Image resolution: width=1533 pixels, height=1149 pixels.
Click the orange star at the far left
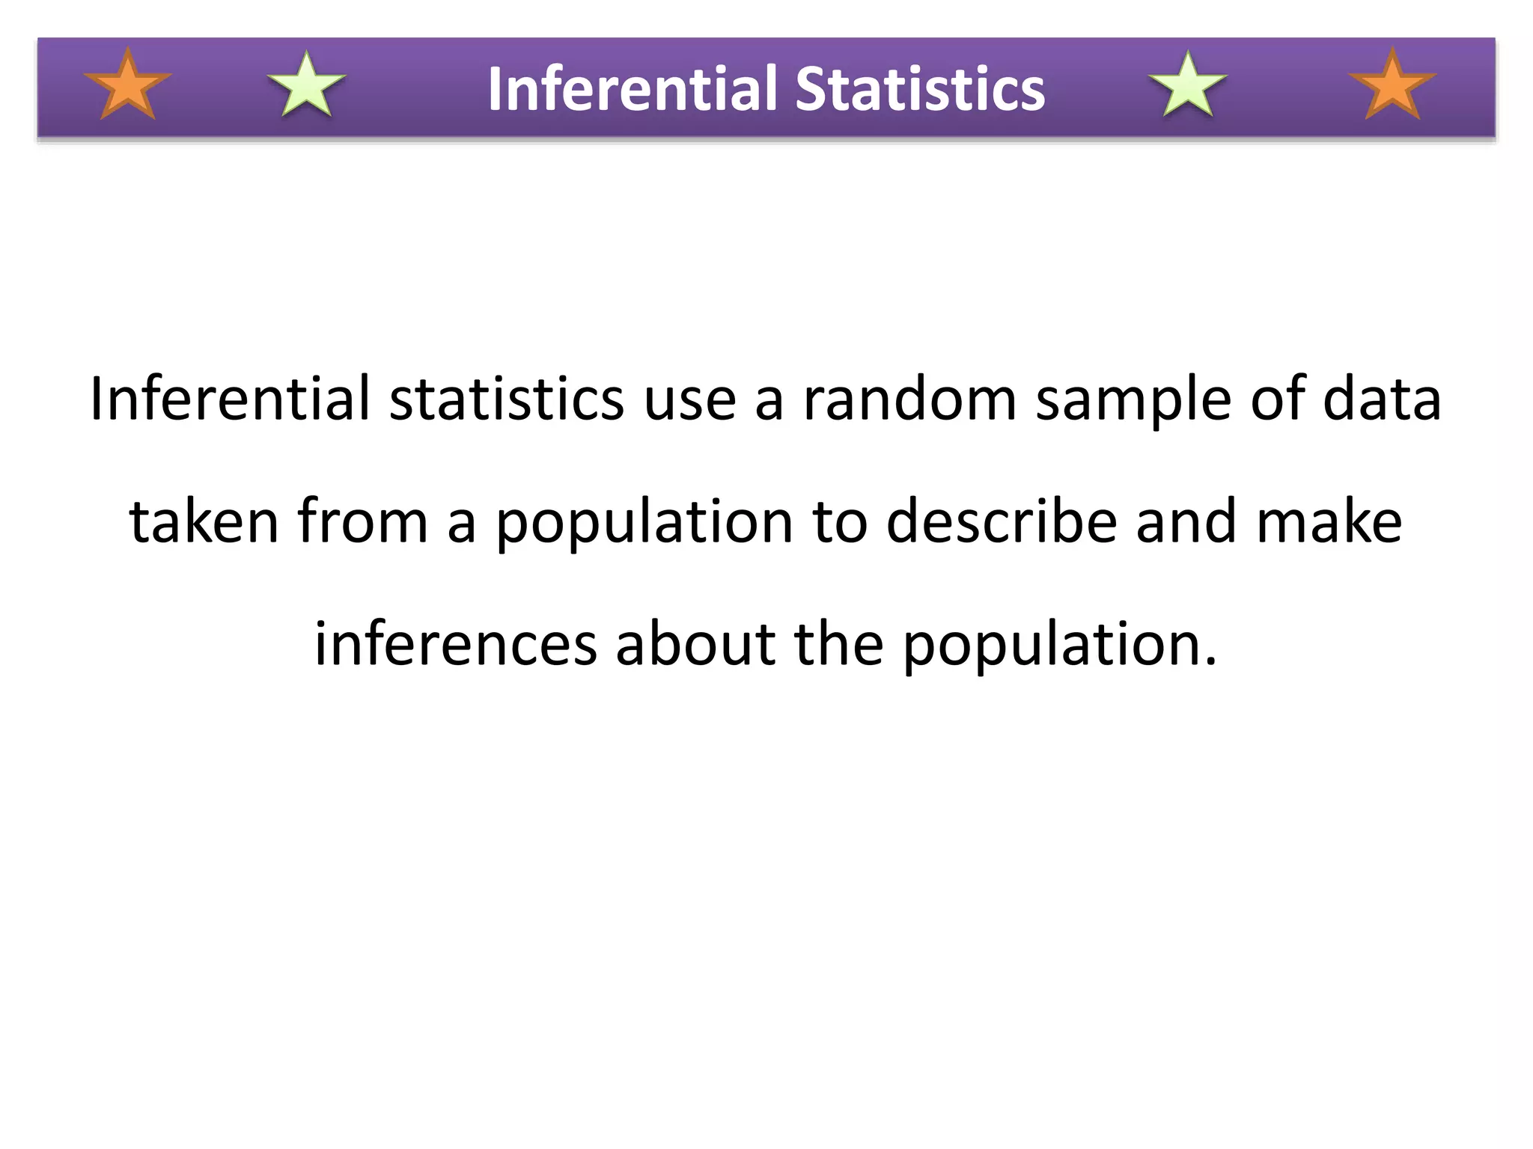click(x=128, y=85)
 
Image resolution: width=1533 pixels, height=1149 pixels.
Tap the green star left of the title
click(x=307, y=85)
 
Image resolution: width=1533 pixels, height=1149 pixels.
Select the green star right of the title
click(x=1188, y=85)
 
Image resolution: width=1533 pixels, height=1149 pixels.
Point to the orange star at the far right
click(x=1392, y=85)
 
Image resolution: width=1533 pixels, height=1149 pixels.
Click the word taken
click(x=204, y=521)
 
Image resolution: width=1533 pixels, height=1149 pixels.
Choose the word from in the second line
click(x=362, y=521)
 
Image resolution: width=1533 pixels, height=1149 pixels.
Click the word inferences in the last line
click(x=455, y=644)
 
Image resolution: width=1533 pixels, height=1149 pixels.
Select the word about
click(x=695, y=644)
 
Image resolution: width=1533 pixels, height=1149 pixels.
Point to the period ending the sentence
click(x=1211, y=662)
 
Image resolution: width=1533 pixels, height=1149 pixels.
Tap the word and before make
click(x=1185, y=521)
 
